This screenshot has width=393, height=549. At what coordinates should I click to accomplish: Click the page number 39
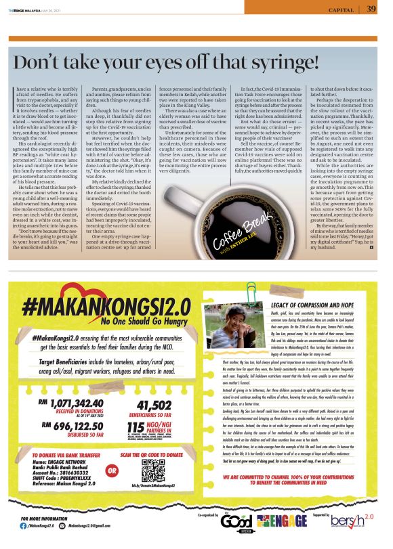tap(371, 9)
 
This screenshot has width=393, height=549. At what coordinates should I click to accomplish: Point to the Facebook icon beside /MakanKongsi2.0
tap(24, 535)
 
